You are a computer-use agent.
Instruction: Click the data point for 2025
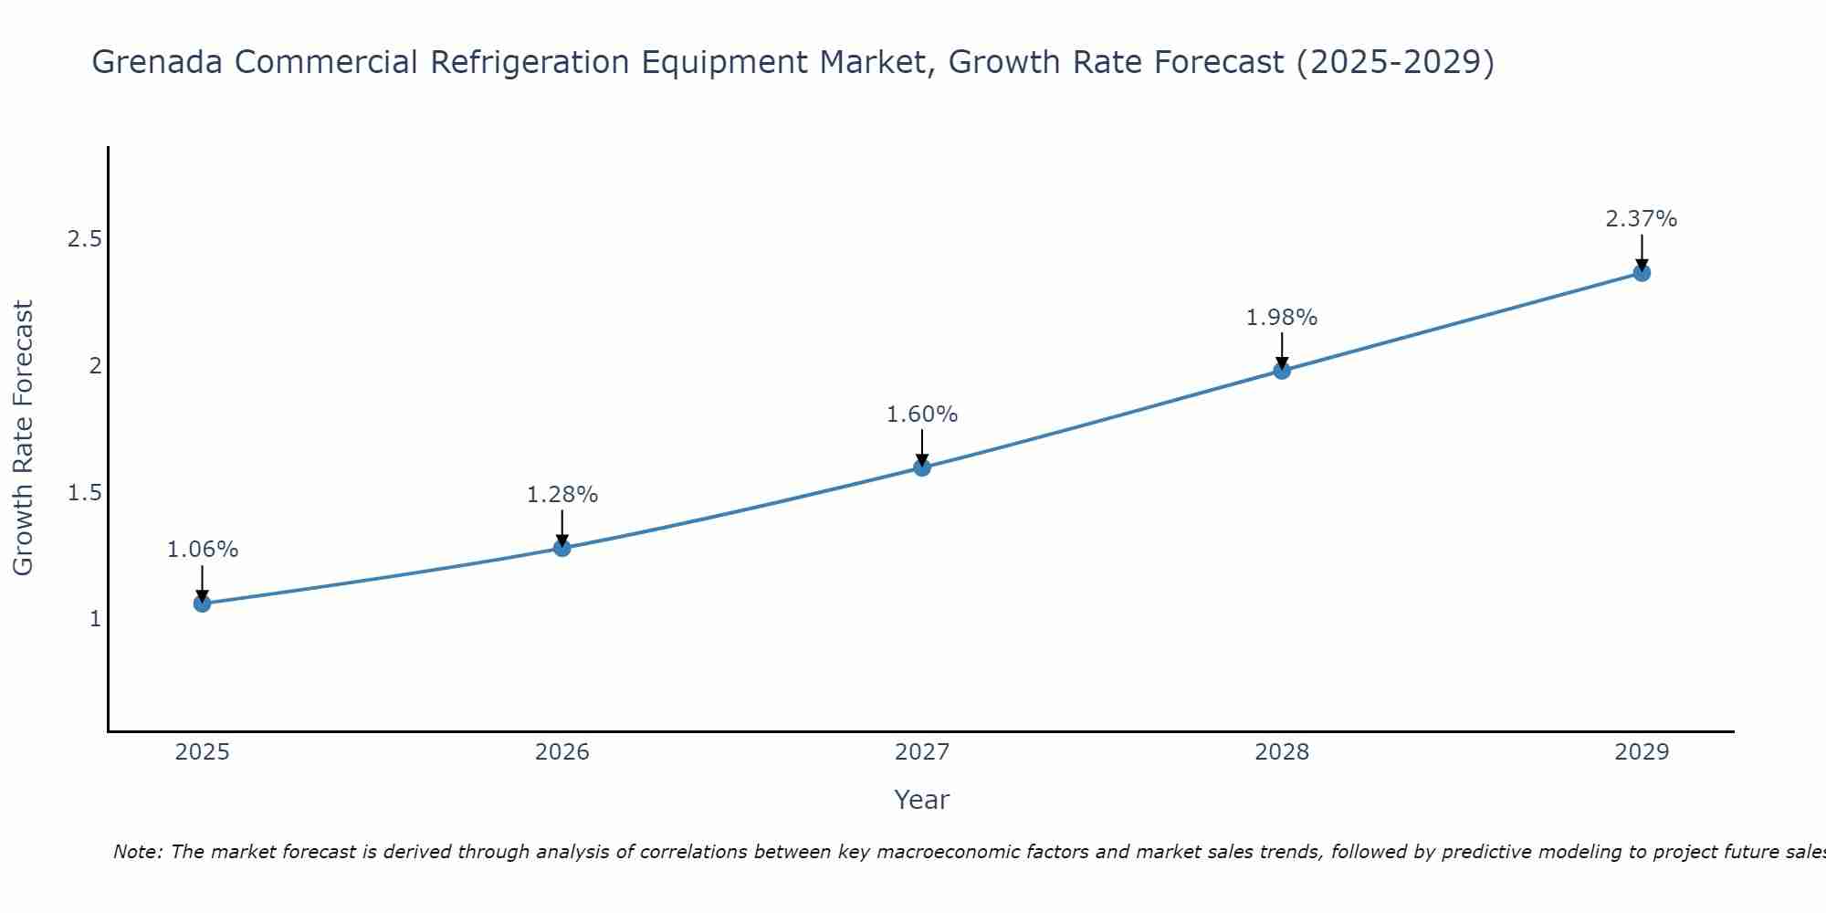point(203,603)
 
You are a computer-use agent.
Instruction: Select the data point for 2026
point(562,548)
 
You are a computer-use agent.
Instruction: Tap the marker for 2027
point(922,467)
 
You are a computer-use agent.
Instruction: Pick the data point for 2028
point(1282,370)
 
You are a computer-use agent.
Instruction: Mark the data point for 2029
point(1642,272)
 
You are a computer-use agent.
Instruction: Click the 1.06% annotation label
point(203,550)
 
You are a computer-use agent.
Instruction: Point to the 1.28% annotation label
point(562,495)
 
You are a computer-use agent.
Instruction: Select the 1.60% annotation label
point(922,415)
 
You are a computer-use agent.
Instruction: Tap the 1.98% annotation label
point(1282,318)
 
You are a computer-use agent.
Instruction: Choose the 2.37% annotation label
point(1642,219)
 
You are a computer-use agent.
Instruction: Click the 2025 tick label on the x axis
point(203,752)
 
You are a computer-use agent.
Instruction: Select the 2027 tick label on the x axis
point(922,752)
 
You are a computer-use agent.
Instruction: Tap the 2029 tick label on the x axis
point(1642,752)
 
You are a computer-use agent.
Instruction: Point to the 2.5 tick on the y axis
point(84,240)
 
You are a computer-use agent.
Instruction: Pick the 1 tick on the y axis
point(95,619)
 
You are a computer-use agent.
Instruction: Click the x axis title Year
point(922,800)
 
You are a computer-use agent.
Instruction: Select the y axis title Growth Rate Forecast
point(24,438)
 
